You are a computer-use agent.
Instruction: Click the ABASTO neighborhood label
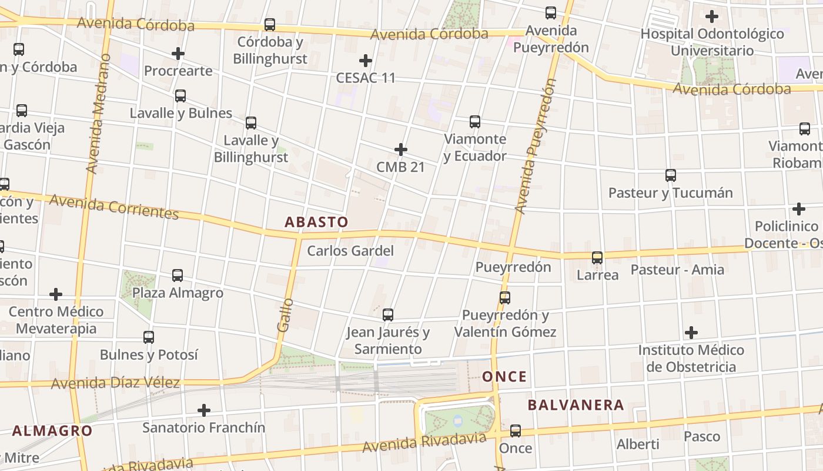[x=316, y=222]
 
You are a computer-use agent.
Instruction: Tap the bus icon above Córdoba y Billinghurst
[x=270, y=25]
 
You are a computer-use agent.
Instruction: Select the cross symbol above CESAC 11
[x=366, y=61]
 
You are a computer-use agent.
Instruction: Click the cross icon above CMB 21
[x=401, y=150]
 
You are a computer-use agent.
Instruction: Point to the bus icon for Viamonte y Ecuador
[x=475, y=122]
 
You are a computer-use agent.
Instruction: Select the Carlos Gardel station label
[x=350, y=251]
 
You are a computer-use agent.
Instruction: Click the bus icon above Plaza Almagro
[x=178, y=275]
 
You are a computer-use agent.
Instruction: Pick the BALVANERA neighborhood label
[x=576, y=405]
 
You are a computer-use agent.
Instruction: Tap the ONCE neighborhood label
[x=504, y=377]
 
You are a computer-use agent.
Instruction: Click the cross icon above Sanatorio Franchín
[x=204, y=410]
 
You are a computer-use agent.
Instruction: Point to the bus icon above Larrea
[x=597, y=258]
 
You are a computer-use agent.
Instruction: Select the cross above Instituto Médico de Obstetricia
[x=691, y=333]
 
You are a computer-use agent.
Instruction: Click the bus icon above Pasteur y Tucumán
[x=671, y=175]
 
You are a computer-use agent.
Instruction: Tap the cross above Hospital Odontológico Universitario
[x=712, y=16]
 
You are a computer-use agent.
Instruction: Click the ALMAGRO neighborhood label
[x=52, y=430]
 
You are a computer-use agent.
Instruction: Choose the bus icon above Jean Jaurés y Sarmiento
[x=388, y=315]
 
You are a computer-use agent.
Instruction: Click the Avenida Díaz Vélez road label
[x=115, y=383]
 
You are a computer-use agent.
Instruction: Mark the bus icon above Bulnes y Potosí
[x=149, y=337]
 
